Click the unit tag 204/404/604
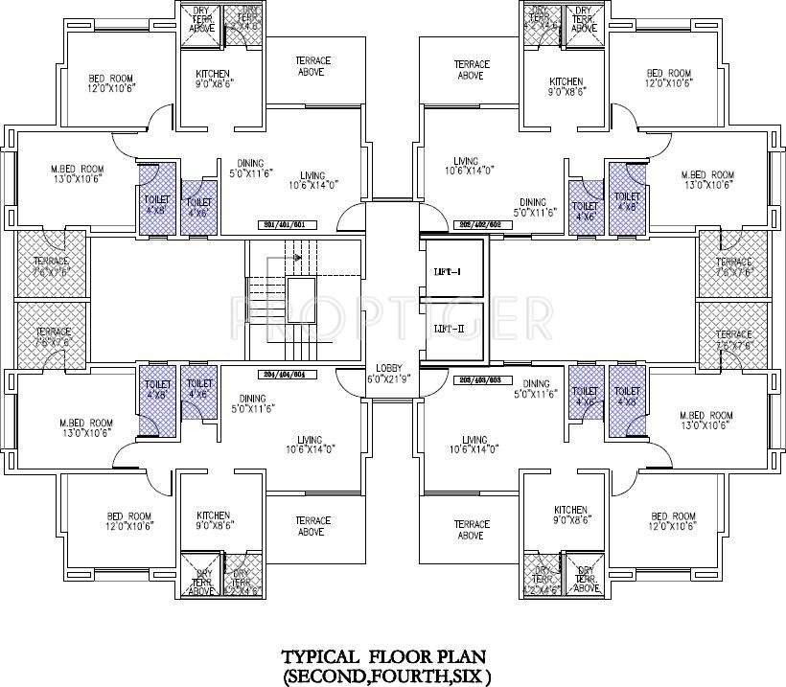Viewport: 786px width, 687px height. pos(282,375)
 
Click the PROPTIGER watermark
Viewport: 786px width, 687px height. pos(393,313)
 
